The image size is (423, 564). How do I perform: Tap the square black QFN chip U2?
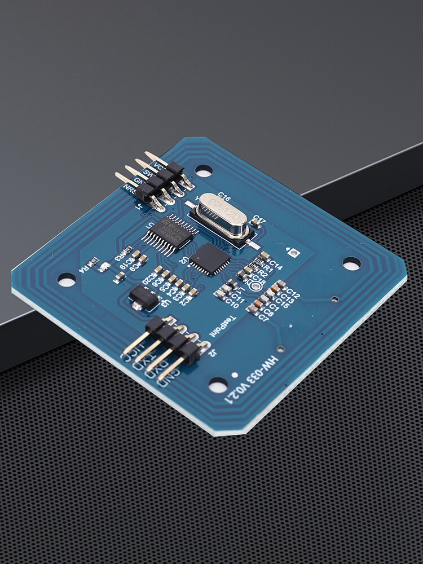click(x=210, y=259)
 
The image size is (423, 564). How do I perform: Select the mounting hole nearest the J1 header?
click(x=204, y=170)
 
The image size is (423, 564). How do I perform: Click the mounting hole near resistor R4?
click(x=67, y=279)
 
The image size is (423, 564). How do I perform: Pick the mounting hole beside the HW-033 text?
click(x=218, y=385)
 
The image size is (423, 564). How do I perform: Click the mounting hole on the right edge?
click(x=351, y=263)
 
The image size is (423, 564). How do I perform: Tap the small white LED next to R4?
click(x=103, y=267)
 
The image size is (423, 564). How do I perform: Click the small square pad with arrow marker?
click(x=293, y=253)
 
